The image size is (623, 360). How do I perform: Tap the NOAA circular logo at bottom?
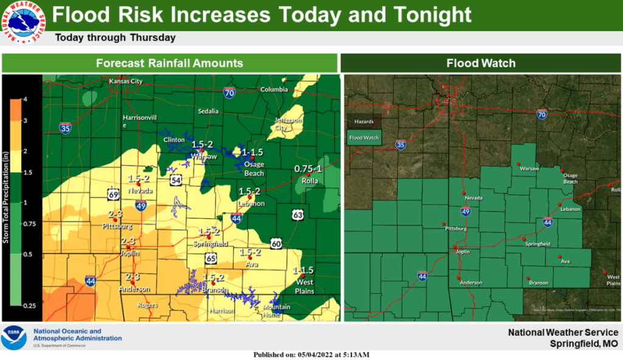click(x=13, y=338)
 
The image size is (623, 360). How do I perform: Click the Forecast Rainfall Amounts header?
click(x=170, y=63)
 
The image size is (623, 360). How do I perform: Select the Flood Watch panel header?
click(x=481, y=63)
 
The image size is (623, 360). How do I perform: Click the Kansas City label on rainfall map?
click(x=125, y=81)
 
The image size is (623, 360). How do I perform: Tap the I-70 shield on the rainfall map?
click(x=229, y=93)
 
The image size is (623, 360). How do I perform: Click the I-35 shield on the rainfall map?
click(x=65, y=127)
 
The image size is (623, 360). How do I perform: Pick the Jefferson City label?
click(x=288, y=124)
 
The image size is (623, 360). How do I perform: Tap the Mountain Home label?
click(x=276, y=311)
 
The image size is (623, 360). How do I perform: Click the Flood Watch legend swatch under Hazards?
click(x=364, y=138)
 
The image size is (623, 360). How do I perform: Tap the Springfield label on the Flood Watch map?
click(x=538, y=243)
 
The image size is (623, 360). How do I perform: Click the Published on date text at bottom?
click(x=311, y=355)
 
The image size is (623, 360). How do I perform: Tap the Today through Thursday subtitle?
click(x=115, y=38)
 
